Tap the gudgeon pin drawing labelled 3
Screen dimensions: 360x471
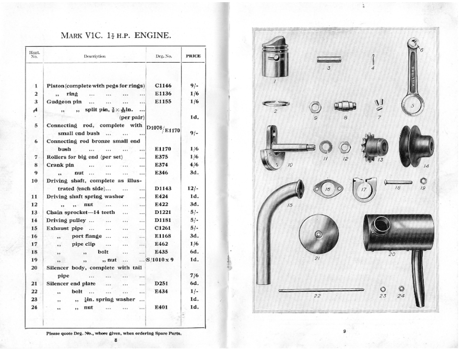329,60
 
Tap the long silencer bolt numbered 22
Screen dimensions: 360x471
321,290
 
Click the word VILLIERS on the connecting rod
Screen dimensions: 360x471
413,76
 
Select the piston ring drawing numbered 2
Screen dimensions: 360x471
275,103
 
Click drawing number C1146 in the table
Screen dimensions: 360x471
163,85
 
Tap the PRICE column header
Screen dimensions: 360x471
193,56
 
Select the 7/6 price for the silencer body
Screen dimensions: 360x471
194,275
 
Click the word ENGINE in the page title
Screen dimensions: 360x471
153,35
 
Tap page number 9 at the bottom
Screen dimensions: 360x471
344,331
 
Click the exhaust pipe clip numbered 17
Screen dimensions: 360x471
364,189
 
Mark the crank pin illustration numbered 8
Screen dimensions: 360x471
346,106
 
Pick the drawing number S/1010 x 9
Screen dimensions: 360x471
160,259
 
